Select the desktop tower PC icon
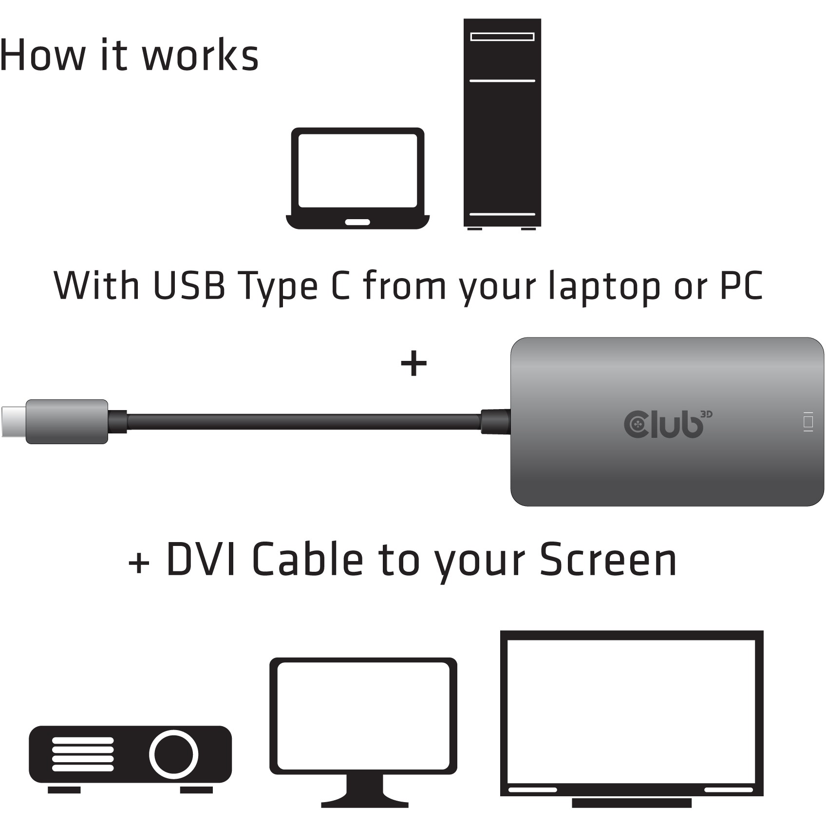coord(502,124)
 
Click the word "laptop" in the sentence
coord(604,286)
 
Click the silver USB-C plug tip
coord(13,421)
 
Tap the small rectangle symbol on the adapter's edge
coord(808,422)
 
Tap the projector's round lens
coord(173,753)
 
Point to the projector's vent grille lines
coord(83,754)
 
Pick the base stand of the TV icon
coord(632,802)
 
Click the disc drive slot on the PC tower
coord(502,37)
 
